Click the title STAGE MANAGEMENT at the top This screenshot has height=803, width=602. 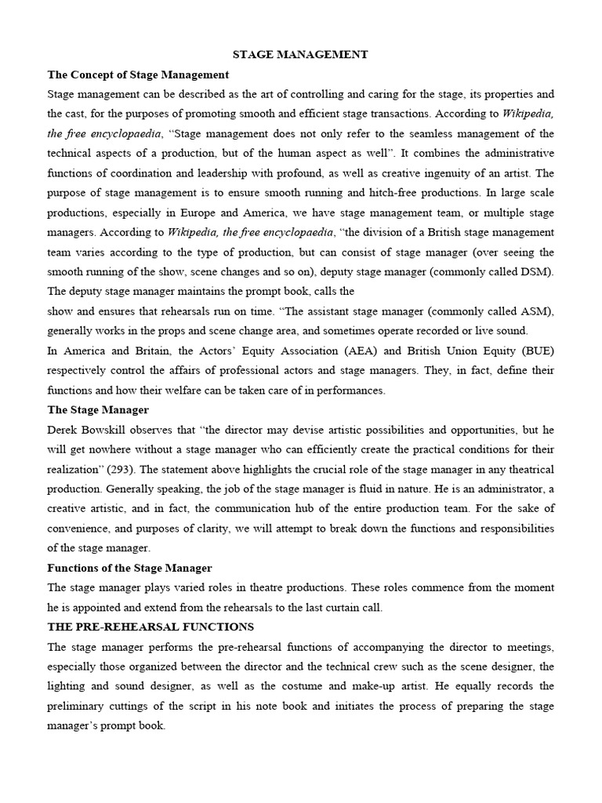[x=300, y=55]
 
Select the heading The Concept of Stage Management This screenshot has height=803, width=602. [x=138, y=75]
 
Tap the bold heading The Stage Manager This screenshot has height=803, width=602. [x=98, y=409]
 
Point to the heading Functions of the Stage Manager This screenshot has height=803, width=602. [x=129, y=567]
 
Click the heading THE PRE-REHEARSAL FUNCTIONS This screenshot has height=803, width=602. [x=150, y=627]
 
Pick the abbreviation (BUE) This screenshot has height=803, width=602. [x=536, y=350]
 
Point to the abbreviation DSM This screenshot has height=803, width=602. [x=535, y=271]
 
